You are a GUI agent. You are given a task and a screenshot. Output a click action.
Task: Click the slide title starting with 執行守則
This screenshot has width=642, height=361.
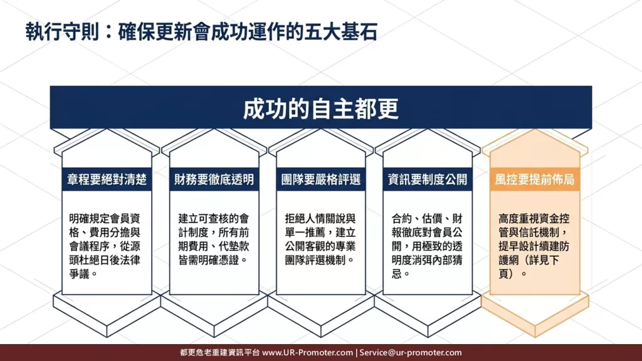[x=201, y=33]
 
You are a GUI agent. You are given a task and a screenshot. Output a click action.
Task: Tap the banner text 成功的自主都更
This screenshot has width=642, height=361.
[x=320, y=109]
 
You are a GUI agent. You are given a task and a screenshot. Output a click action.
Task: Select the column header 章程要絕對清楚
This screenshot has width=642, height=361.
[x=107, y=179]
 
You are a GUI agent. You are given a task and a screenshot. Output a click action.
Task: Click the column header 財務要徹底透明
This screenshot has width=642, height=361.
[x=214, y=179]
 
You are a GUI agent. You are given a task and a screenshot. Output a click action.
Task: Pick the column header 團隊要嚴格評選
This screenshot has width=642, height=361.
[x=320, y=179]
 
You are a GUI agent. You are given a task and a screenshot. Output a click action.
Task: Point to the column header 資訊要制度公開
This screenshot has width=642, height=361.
[x=428, y=179]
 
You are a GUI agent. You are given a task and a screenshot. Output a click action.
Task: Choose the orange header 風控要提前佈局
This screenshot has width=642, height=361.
[x=534, y=179]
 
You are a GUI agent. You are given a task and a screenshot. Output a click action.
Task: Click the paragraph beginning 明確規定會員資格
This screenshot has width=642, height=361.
[x=105, y=246]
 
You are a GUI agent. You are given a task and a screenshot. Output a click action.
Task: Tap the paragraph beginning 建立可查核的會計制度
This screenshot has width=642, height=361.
[x=214, y=239]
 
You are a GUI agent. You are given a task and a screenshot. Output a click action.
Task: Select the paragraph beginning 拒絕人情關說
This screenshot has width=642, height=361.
[x=320, y=239]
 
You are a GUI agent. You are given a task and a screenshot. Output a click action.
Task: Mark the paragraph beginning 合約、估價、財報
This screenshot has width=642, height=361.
[x=428, y=246]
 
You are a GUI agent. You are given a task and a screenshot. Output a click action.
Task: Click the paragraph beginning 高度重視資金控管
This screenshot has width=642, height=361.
[x=534, y=246]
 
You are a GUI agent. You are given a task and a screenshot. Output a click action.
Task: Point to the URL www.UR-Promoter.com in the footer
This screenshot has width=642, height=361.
[x=307, y=352]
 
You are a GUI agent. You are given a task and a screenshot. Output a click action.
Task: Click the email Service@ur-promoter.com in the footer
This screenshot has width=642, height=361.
[x=411, y=352]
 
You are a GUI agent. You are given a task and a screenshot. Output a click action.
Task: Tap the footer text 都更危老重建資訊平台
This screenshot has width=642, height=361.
[x=220, y=352]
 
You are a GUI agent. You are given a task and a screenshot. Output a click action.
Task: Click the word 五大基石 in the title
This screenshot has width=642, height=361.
[x=340, y=33]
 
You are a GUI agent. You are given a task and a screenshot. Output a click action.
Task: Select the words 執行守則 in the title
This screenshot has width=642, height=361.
[x=62, y=33]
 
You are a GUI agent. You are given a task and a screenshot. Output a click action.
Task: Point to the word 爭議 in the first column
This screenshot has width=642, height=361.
[x=80, y=274]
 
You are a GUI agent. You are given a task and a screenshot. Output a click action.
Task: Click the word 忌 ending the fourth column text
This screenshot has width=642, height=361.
[x=397, y=274]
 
